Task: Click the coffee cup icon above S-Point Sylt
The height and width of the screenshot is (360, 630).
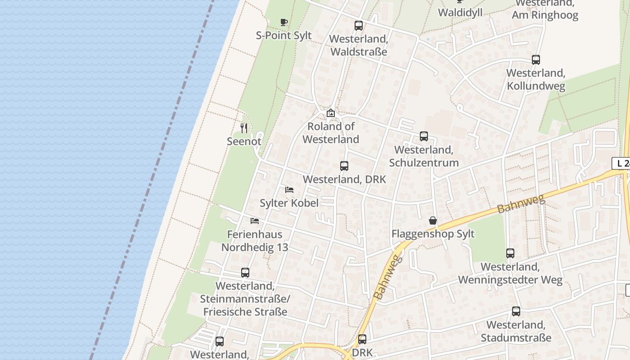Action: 283,22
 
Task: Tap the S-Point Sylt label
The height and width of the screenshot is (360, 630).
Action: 283,36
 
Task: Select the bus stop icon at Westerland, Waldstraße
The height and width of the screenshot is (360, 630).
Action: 358,26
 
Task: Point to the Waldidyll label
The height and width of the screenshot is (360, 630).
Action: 460,13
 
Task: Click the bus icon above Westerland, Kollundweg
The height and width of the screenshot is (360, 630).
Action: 535,60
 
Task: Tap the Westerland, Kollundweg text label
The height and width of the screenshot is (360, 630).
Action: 535,79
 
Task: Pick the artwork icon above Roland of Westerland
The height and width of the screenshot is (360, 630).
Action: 331,113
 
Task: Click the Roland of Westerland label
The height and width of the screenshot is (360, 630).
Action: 331,133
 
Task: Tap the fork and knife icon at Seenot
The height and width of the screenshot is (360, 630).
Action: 244,128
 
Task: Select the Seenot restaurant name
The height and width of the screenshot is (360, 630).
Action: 244,141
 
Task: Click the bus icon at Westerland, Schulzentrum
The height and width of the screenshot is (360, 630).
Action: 423,136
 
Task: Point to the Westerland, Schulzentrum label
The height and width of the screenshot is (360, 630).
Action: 423,156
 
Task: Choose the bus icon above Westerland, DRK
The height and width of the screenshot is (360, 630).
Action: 344,166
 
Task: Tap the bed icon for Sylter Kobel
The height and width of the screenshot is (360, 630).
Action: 289,190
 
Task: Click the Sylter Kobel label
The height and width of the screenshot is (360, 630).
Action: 289,203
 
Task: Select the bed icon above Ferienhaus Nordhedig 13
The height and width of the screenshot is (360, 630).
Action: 255,221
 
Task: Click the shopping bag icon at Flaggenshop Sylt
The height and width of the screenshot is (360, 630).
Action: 432,220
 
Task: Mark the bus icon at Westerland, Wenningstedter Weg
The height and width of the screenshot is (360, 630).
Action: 510,253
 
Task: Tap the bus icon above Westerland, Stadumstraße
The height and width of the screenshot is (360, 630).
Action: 516,311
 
